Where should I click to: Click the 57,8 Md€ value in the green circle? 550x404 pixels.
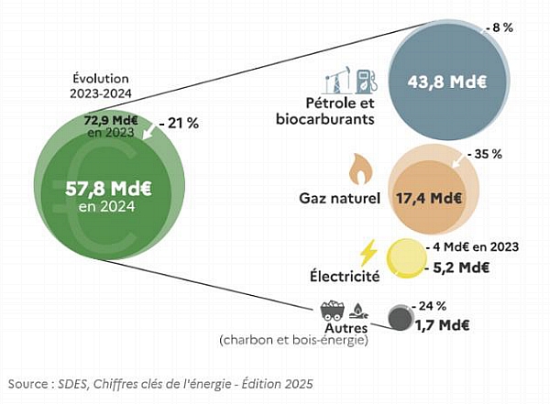coord(108,190)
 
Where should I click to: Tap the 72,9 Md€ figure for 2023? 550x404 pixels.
coord(111,120)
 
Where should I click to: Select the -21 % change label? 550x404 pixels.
coord(179,124)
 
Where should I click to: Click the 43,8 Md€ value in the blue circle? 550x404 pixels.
coord(447,82)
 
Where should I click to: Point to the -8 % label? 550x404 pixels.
coord(500,28)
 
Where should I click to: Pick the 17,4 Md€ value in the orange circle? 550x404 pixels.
coord(429,199)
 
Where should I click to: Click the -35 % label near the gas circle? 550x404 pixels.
coord(486,154)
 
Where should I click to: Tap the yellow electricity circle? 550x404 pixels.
coord(406,259)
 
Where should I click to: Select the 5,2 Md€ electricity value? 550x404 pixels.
coord(457,268)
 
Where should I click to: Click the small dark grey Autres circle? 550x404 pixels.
coord(401,318)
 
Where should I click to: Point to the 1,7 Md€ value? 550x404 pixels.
coord(443,325)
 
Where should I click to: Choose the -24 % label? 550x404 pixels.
coord(430,306)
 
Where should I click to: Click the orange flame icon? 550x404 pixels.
coord(361,169)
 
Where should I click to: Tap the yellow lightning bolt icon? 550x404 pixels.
coord(368,253)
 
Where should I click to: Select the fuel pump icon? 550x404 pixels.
coord(367,82)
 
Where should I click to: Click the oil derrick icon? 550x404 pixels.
coord(337,80)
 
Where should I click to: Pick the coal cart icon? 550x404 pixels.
coord(332,311)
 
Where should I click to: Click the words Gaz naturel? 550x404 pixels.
coord(339,199)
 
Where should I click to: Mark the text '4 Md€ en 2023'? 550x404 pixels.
coord(476,247)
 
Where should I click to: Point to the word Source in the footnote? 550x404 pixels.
coord(28,384)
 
